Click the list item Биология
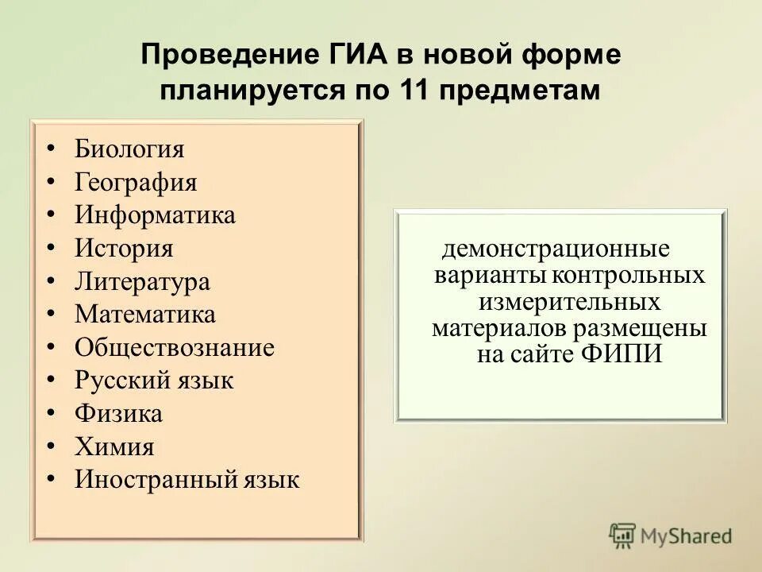129,149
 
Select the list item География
136,183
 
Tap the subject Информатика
155,215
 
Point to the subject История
124,249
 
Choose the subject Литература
142,282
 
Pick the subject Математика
145,315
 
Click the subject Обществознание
175,348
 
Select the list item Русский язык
154,381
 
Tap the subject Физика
118,414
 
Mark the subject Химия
114,446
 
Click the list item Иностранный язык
187,480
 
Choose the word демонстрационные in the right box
556,249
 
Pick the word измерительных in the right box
570,302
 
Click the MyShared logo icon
623,535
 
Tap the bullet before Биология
50,149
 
